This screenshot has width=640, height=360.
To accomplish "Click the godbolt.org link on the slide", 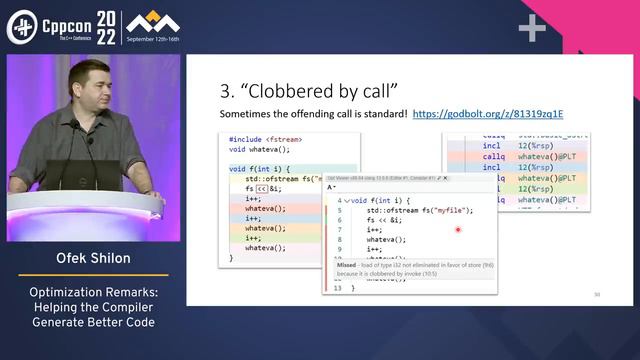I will pyautogui.click(x=487, y=114).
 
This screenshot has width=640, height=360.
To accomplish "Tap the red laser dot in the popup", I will pyautogui.click(x=458, y=230).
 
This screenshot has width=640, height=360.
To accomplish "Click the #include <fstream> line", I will pyautogui.click(x=266, y=140).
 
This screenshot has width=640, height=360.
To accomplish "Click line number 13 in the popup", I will pyautogui.click(x=339, y=288).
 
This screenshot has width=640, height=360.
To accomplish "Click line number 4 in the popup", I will pyautogui.click(x=339, y=200).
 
